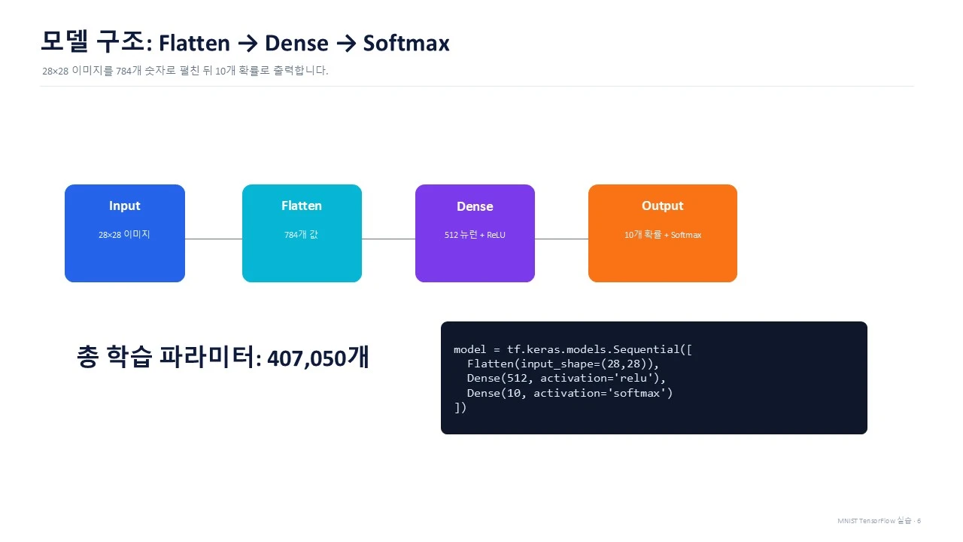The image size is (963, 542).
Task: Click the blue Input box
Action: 125,233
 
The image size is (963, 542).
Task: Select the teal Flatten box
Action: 302,233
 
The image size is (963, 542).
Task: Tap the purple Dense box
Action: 475,233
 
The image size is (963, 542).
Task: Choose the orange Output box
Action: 663,233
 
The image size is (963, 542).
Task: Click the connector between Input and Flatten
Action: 214,239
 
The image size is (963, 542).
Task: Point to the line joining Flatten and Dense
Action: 389,239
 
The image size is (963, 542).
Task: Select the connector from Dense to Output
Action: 561,239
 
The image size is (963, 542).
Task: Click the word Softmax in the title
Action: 406,43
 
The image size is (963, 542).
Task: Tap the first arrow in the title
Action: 248,44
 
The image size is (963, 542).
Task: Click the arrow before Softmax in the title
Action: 346,44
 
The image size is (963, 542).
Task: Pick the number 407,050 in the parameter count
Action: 306,358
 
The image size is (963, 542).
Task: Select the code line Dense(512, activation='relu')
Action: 567,378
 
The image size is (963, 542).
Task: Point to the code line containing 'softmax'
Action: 570,393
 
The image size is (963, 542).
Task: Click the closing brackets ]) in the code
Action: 460,407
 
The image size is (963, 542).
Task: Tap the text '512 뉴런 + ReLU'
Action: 475,235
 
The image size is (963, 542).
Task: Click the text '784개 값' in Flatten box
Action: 302,234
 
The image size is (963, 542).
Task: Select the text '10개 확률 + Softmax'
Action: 663,235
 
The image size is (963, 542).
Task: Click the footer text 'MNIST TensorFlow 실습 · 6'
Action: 879,520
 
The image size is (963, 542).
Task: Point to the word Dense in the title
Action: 296,43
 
